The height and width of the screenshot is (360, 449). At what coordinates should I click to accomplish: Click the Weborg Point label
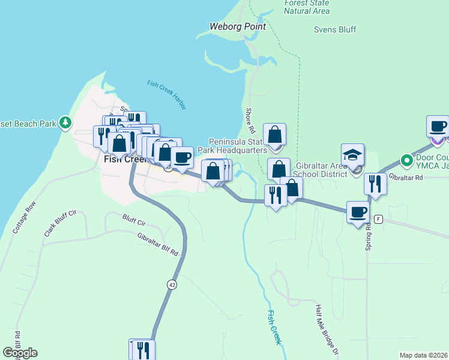[237, 26]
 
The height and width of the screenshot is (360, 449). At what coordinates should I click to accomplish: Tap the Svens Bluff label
[335, 29]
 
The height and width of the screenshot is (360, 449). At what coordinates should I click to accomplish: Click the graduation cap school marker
[353, 154]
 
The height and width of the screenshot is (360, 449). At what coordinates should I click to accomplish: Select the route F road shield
[378, 219]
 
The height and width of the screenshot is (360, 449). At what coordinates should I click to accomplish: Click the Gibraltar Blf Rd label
[158, 245]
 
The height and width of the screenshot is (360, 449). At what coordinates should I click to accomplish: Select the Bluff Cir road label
[134, 220]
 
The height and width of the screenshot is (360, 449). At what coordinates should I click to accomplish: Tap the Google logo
[20, 353]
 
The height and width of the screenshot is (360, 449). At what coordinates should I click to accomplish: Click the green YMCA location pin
[406, 160]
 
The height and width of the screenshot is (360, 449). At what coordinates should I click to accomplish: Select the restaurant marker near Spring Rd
[375, 184]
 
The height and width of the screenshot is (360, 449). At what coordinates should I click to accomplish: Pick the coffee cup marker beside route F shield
[358, 212]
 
